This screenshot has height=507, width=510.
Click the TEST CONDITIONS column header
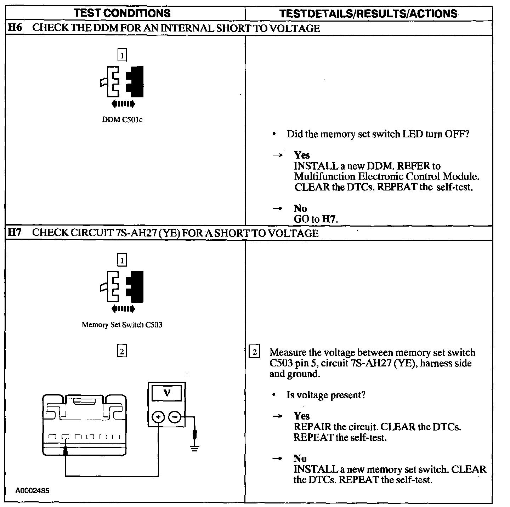(122, 13)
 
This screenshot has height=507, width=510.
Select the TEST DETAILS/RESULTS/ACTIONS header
(368, 14)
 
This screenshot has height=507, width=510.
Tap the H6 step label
(15, 28)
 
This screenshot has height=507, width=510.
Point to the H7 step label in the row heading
(15, 233)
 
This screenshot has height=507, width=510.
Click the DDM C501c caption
(122, 120)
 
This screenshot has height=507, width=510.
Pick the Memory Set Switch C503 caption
(122, 325)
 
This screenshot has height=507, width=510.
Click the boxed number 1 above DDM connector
(122, 56)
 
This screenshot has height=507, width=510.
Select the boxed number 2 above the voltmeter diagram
(122, 351)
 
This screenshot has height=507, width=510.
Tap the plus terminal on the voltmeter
(158, 417)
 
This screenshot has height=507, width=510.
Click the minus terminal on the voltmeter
(174, 417)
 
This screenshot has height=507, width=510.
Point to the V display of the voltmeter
(167, 393)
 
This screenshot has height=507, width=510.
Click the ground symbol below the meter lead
(194, 448)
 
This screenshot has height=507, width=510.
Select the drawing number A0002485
(32, 491)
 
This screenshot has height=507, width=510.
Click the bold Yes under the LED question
(302, 155)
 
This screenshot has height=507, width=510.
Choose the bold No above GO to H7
(300, 208)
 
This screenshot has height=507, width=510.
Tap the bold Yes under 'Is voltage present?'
(302, 416)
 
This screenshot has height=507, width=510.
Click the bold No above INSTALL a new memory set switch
(300, 458)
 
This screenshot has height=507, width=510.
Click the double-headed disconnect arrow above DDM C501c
(123, 104)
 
